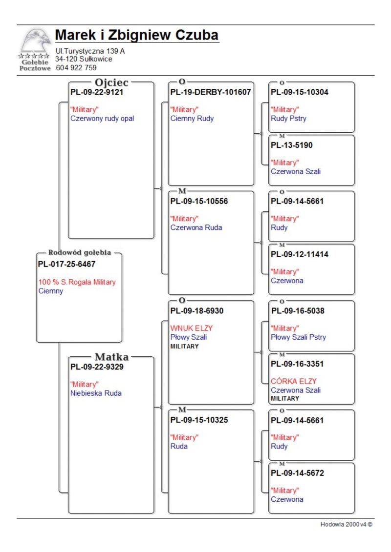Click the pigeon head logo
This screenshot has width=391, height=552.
pyautogui.click(x=35, y=41)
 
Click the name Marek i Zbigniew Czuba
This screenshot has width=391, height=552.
pyautogui.click(x=137, y=35)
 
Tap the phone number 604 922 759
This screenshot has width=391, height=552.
pyautogui.click(x=76, y=67)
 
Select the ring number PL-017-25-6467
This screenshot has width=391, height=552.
pyautogui.click(x=66, y=264)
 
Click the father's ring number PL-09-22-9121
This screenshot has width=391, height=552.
pyautogui.click(x=97, y=92)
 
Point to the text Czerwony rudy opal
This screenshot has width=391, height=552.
pyautogui.click(x=102, y=119)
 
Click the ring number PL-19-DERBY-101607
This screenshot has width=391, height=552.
pyautogui.click(x=211, y=92)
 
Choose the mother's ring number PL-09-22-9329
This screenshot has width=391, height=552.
pyautogui.click(x=97, y=367)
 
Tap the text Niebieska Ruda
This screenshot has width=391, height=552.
pyautogui.click(x=96, y=393)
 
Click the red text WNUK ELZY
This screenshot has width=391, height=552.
pyautogui.click(x=192, y=328)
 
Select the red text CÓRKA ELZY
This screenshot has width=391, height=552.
pyautogui.click(x=294, y=381)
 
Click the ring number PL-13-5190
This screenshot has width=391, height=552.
pyautogui.click(x=292, y=145)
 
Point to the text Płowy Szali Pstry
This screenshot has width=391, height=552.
pyautogui.click(x=298, y=337)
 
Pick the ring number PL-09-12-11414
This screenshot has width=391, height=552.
pyautogui.click(x=299, y=254)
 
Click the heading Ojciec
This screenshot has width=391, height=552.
pyautogui.click(x=111, y=82)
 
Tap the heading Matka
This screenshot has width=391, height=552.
pyautogui.click(x=112, y=357)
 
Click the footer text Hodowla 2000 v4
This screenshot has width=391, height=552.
pyautogui.click(x=346, y=524)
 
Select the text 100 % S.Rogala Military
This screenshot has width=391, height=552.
pyautogui.click(x=77, y=282)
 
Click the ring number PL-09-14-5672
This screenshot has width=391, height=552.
pyautogui.click(x=297, y=473)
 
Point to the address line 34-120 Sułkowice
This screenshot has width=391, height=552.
pyautogui.click(x=84, y=59)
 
